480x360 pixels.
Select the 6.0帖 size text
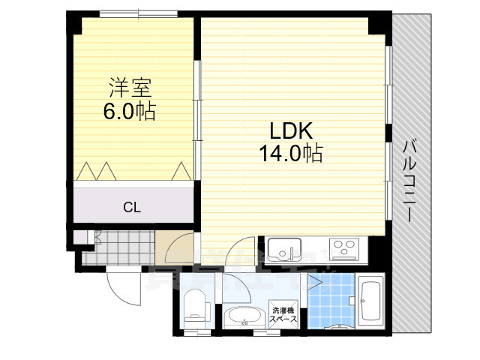point(129,112)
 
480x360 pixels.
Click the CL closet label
point(132,207)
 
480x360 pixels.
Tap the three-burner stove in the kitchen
point(343,248)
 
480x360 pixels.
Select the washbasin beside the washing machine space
point(241,316)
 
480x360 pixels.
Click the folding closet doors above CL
point(132,172)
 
